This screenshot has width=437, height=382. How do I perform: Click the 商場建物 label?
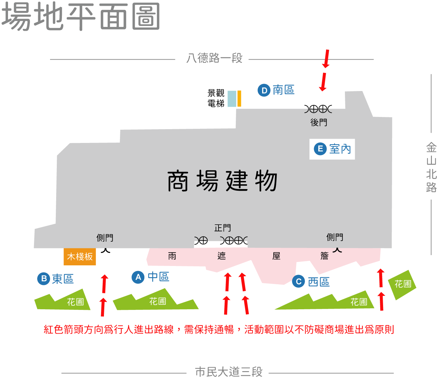pyautogui.click(x=222, y=181)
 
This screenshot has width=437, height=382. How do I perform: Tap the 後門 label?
pyautogui.click(x=319, y=122)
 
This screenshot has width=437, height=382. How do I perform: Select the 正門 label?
pyautogui.click(x=222, y=228)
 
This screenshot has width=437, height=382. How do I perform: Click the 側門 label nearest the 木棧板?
pyautogui.click(x=105, y=238)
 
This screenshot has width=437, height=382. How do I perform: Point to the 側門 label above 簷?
pyautogui.click(x=335, y=237)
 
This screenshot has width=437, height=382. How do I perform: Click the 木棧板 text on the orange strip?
pyautogui.click(x=80, y=256)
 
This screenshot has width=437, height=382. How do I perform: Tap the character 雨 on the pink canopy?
pyautogui.click(x=172, y=256)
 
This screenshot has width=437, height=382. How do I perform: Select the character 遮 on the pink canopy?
pyautogui.click(x=222, y=256)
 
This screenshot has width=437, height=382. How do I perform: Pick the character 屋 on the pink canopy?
pyautogui.click(x=276, y=256)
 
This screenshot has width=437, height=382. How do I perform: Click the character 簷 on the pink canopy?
pyautogui.click(x=324, y=256)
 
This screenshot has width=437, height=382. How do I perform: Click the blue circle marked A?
pyautogui.click(x=138, y=277)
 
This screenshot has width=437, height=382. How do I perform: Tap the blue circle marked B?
pyautogui.click(x=44, y=279)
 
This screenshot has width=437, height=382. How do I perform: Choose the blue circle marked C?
pyautogui.click(x=299, y=282)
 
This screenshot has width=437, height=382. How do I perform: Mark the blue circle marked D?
pyautogui.click(x=264, y=91)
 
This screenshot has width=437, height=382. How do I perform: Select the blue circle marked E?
pyautogui.click(x=320, y=149)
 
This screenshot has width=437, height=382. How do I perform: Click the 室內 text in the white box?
pyautogui.click(x=340, y=149)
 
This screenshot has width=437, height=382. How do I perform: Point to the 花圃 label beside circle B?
pyautogui.click(x=75, y=302)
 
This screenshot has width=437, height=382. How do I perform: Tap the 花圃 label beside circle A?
pyautogui.click(x=158, y=301)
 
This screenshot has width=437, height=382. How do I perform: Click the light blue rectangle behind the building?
pyautogui.click(x=232, y=109)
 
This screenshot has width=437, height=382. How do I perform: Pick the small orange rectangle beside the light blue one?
pyautogui.click(x=239, y=99)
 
